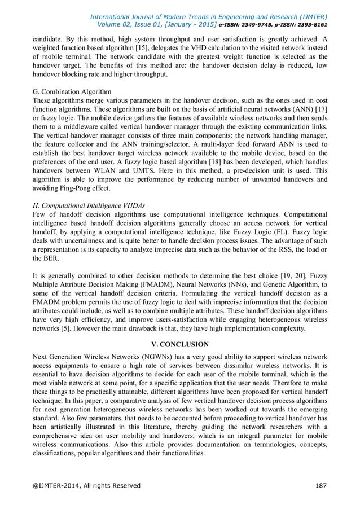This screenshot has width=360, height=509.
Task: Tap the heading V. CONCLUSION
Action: point(181,344)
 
